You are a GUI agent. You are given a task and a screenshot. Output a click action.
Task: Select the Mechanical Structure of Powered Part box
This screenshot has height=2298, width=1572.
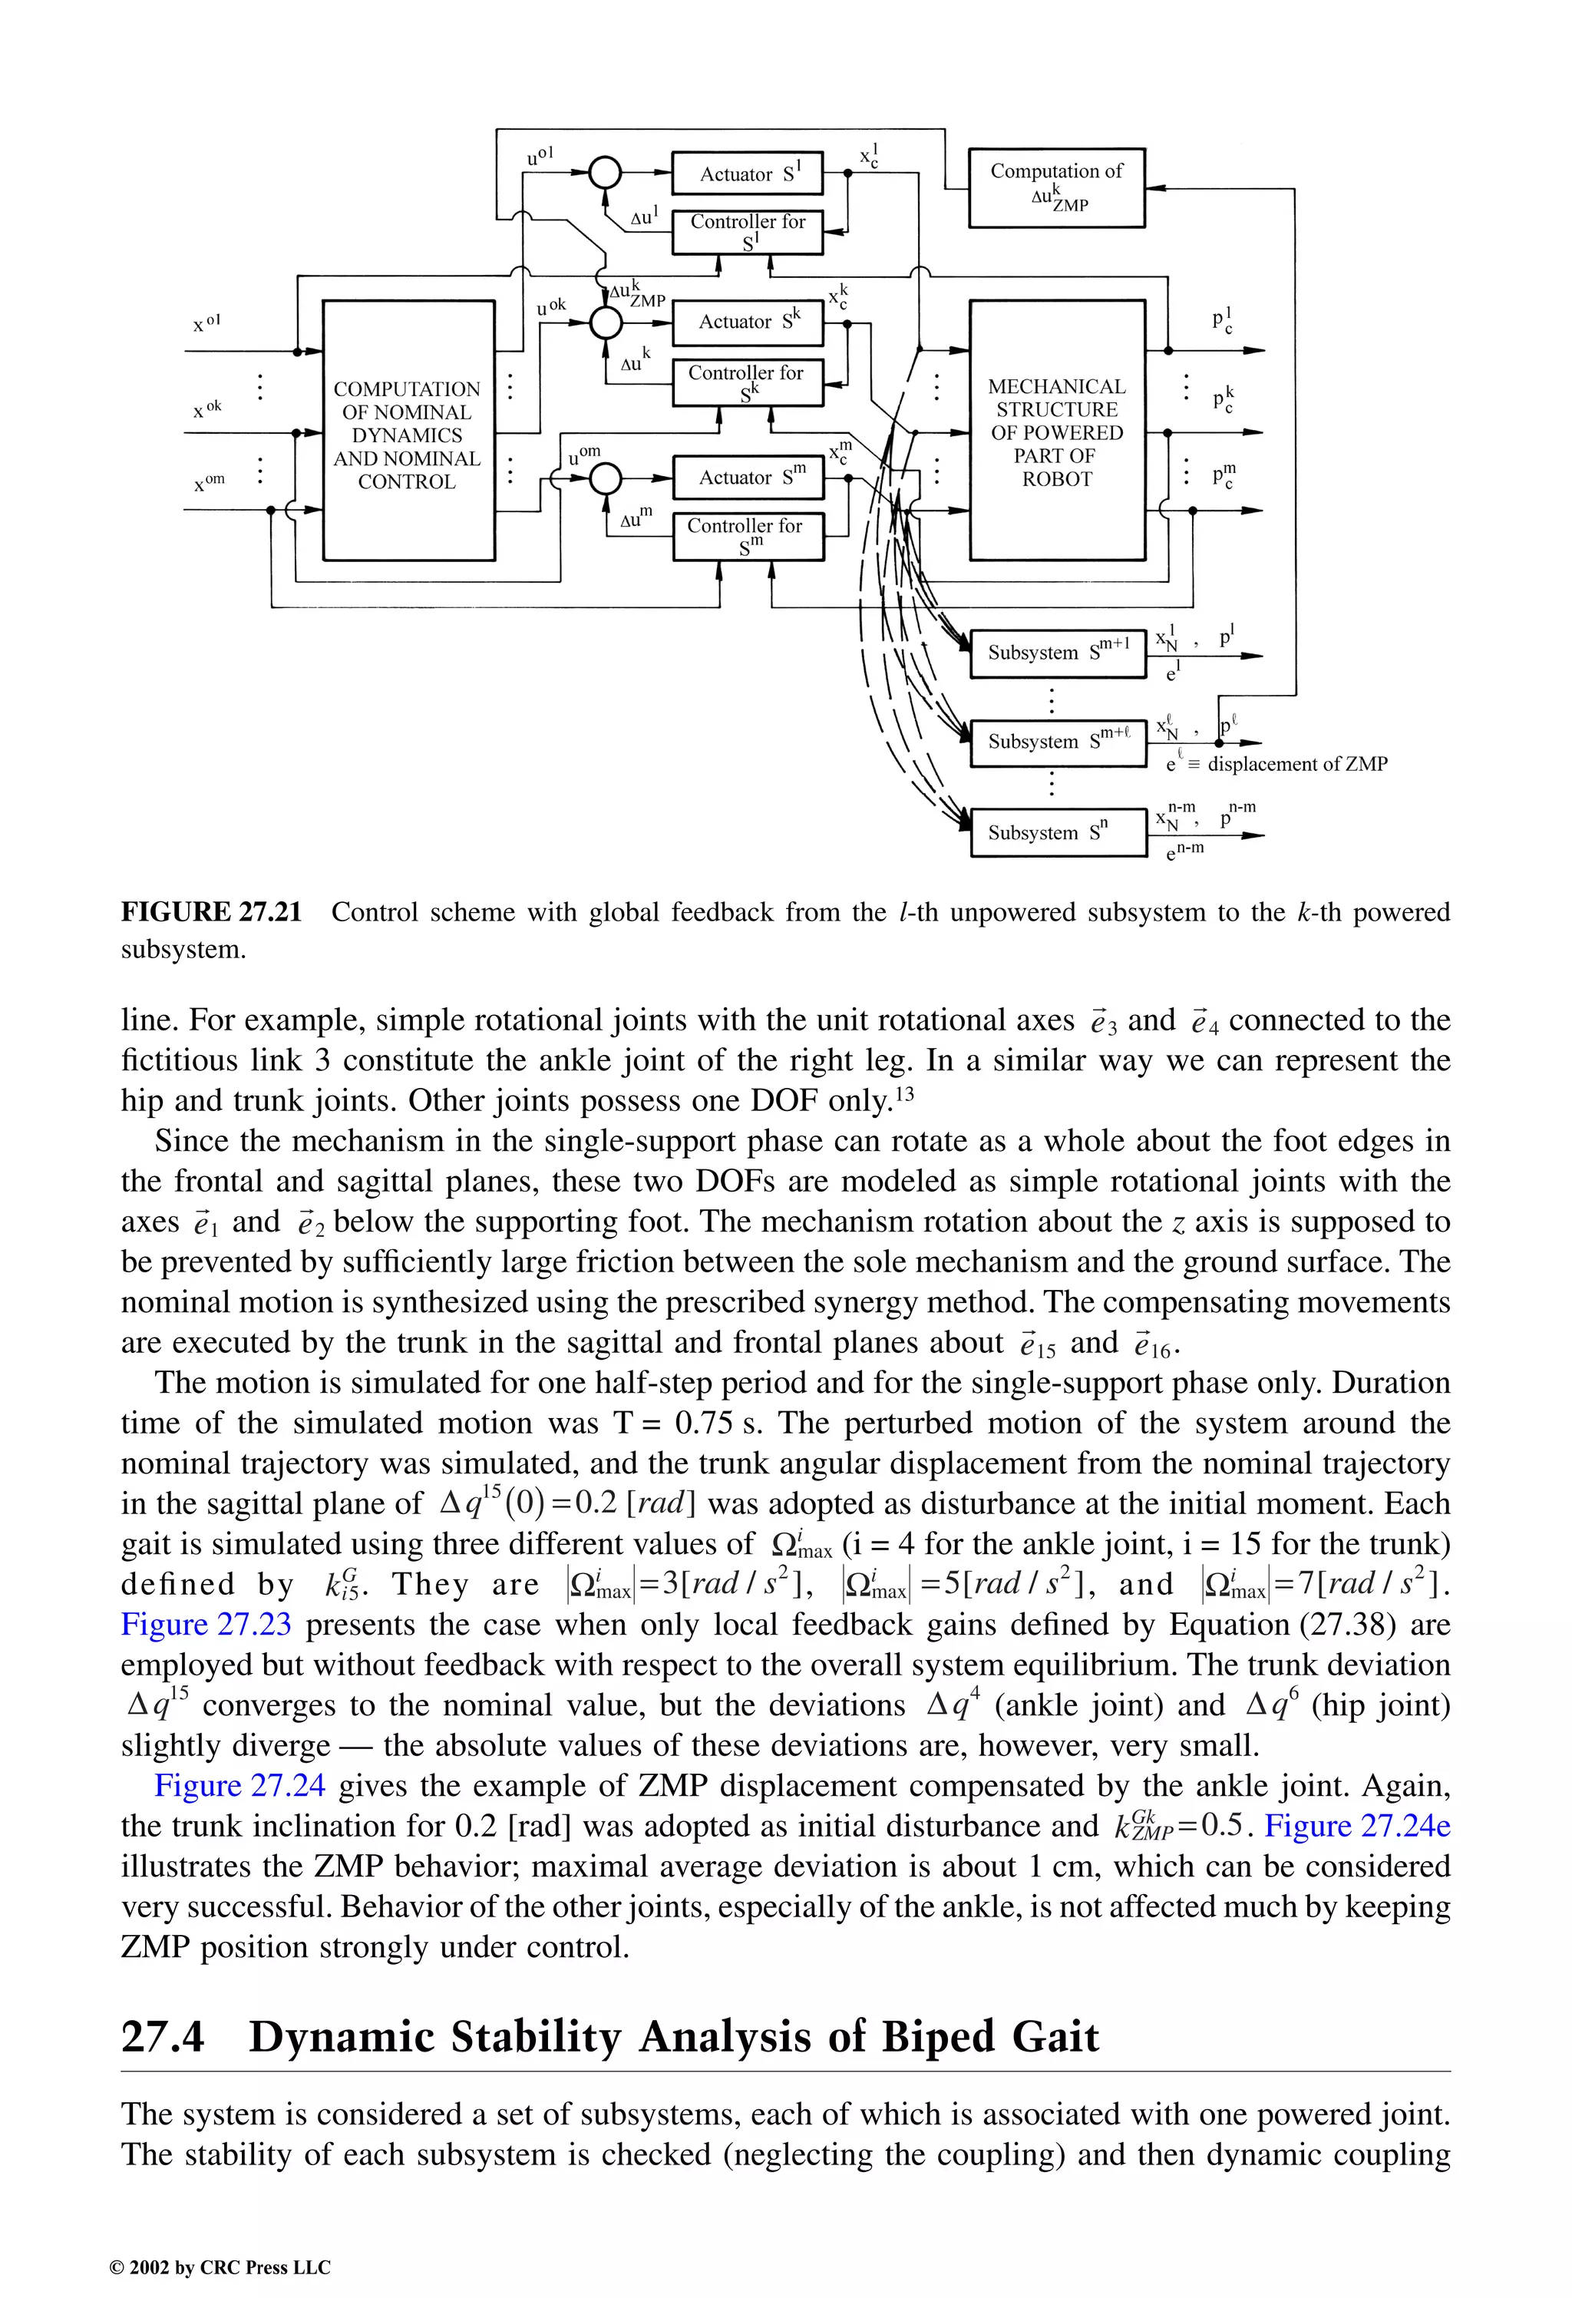1056,431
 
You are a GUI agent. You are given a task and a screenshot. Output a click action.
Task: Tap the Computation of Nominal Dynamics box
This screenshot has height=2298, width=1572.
408,433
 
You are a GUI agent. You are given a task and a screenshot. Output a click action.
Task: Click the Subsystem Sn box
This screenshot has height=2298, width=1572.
1056,832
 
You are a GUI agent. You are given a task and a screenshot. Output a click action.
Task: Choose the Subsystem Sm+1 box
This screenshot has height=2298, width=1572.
1056,652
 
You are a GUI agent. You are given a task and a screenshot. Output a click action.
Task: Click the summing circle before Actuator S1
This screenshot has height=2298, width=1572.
604,173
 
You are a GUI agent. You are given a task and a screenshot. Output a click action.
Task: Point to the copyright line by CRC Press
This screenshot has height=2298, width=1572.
220,2267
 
